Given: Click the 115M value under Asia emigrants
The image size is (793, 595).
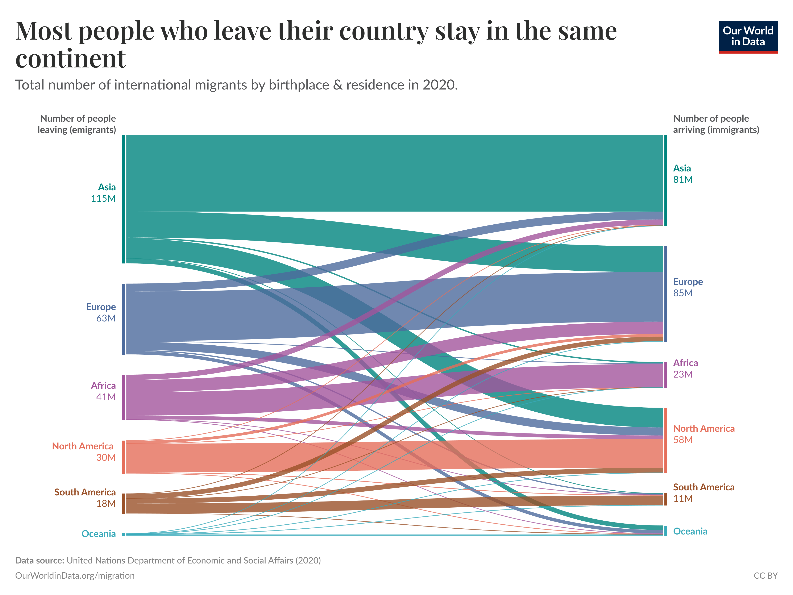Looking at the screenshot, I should pos(103,198).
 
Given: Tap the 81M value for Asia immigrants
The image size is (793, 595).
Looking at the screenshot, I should pos(683,179).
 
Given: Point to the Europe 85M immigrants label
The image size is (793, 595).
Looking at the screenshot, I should pos(688,287).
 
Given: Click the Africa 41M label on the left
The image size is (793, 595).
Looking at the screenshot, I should pos(103,391).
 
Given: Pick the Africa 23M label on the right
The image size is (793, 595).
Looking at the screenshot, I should pos(685,369).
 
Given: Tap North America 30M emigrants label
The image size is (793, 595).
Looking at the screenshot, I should pos(83,452).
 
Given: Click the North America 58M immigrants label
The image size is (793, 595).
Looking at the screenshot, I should pos(703,434).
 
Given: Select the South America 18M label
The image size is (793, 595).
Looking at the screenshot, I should pos(85,498).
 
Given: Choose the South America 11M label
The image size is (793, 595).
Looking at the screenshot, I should pos(703,492).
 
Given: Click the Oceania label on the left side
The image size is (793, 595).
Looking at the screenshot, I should pos(99,534).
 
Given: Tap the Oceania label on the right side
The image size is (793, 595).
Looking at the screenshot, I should pos(690,531).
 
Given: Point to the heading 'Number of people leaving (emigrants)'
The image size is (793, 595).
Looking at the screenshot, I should pos(77,124).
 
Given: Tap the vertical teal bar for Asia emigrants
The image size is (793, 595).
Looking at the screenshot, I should pos(123,199).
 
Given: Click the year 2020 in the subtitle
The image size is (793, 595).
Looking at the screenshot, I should pos(439,85).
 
